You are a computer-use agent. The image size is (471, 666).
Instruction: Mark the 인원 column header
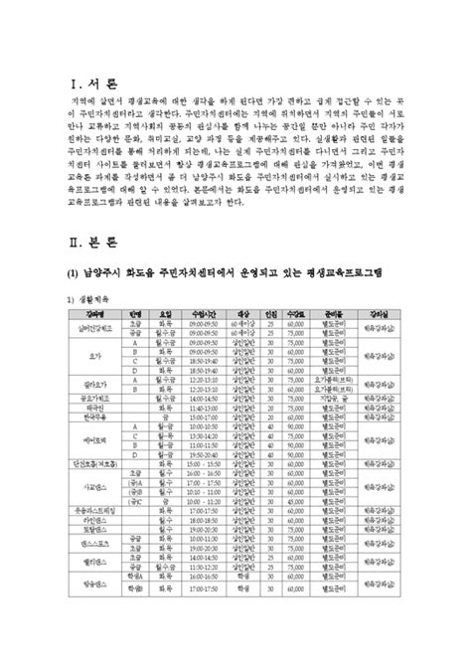coord(298,312)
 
